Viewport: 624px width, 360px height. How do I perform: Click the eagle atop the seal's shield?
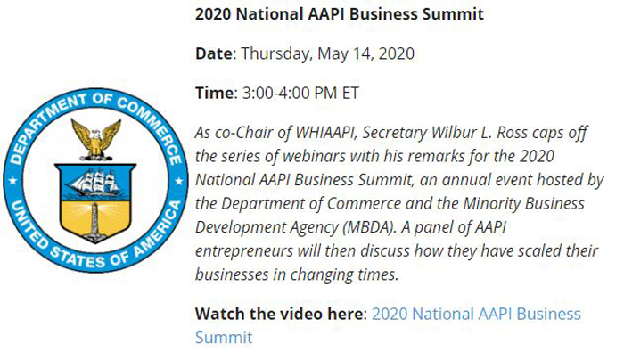[96, 140]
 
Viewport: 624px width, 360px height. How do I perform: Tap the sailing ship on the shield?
[94, 182]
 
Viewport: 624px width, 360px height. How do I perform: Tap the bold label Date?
[214, 53]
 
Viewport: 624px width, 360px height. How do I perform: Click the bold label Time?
[214, 93]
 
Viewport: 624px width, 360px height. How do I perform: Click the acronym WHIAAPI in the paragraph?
[324, 133]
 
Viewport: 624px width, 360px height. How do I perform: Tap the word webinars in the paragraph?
[314, 156]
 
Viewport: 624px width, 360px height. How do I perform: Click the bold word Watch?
[219, 314]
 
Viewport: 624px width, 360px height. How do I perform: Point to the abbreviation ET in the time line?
[350, 93]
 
